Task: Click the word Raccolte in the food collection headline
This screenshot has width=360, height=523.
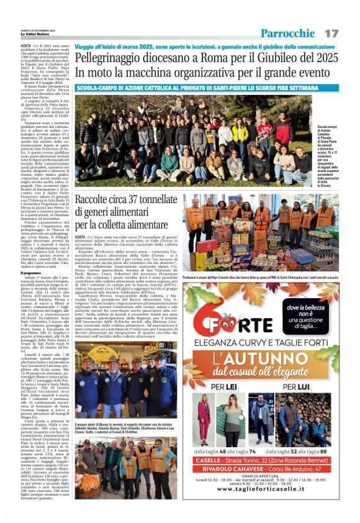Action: (x=97, y=200)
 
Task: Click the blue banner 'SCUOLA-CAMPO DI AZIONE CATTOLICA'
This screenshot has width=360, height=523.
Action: (x=199, y=88)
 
